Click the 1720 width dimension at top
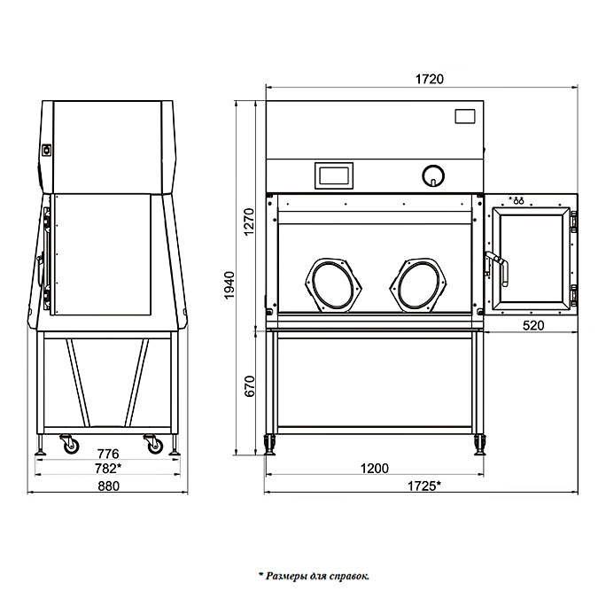click(429, 79)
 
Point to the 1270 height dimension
click(249, 221)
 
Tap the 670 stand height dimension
click(249, 387)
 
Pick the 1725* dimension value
click(425, 485)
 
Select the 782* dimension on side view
click(107, 468)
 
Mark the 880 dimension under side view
click(107, 486)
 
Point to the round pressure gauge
click(431, 175)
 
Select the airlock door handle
click(498, 266)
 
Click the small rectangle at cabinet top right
click(465, 116)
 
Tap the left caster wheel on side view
click(68, 444)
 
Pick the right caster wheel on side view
click(154, 444)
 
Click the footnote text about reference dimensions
click(314, 576)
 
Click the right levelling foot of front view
click(481, 442)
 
